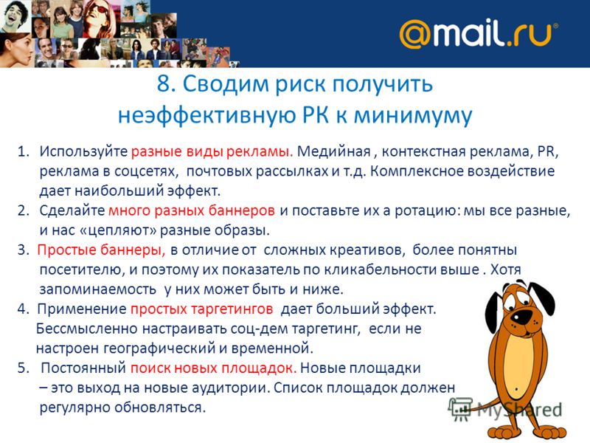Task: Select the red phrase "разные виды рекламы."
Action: (212, 151)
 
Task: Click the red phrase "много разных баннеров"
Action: (192, 210)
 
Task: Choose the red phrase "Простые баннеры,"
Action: (101, 250)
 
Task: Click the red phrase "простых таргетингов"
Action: (201, 309)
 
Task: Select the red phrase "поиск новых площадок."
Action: (213, 368)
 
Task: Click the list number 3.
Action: (23, 250)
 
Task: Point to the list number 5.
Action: (23, 368)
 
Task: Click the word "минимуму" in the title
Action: (413, 115)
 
